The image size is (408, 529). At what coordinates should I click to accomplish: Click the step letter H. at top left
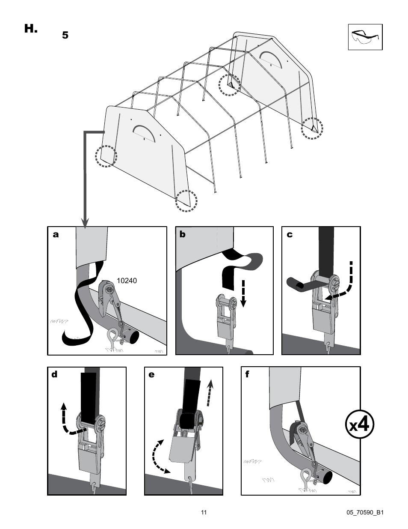tap(31, 29)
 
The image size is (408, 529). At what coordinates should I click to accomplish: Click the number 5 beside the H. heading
tap(65, 36)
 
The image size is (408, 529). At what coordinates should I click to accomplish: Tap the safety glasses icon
tap(365, 37)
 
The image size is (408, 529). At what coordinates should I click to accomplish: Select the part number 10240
tap(127, 281)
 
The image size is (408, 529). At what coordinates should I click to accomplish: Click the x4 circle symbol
tap(360, 425)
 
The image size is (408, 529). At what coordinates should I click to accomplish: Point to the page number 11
tap(204, 512)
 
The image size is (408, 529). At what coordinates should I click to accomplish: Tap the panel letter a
tap(56, 235)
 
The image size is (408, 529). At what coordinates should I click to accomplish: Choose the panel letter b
tap(183, 235)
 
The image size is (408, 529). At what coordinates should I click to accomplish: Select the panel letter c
tap(290, 235)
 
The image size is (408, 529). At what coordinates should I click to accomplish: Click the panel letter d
tap(54, 375)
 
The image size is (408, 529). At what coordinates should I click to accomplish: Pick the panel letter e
tap(151, 375)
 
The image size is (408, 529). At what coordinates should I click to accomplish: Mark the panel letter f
tap(247, 375)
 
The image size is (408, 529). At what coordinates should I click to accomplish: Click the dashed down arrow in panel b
tap(243, 293)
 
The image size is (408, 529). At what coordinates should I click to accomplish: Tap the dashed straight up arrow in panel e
tap(209, 392)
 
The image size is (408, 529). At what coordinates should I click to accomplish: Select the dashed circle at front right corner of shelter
tap(186, 201)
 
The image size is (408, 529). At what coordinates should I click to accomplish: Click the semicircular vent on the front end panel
tap(145, 132)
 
